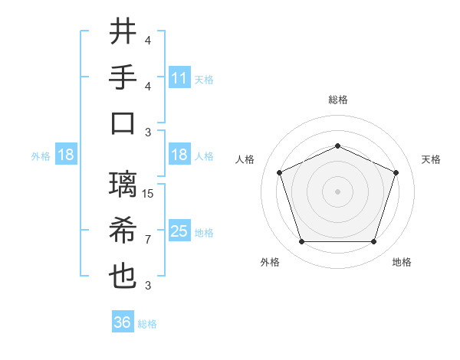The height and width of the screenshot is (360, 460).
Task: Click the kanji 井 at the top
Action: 123,33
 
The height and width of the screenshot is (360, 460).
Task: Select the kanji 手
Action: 123,77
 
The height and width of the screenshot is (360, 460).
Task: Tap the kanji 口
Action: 123,123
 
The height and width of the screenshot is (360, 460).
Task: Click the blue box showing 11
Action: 179,78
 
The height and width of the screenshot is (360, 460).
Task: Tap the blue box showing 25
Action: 179,231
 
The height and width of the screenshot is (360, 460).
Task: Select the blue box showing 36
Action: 123,322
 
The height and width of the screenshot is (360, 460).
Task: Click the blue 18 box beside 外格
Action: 66,155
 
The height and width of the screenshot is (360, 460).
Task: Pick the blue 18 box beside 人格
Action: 179,155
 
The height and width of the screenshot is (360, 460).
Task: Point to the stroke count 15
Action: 149,194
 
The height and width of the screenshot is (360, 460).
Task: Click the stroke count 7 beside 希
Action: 149,239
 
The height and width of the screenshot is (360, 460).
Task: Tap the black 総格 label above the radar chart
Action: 338,100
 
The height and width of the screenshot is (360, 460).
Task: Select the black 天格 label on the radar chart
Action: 432,159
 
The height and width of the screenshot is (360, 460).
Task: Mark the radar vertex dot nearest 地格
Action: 374,242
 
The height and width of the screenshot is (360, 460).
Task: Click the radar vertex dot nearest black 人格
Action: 279,172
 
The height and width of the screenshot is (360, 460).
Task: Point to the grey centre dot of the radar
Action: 337,191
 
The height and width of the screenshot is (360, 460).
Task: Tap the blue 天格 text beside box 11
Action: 204,79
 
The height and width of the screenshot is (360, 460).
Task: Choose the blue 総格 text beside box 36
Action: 147,323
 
